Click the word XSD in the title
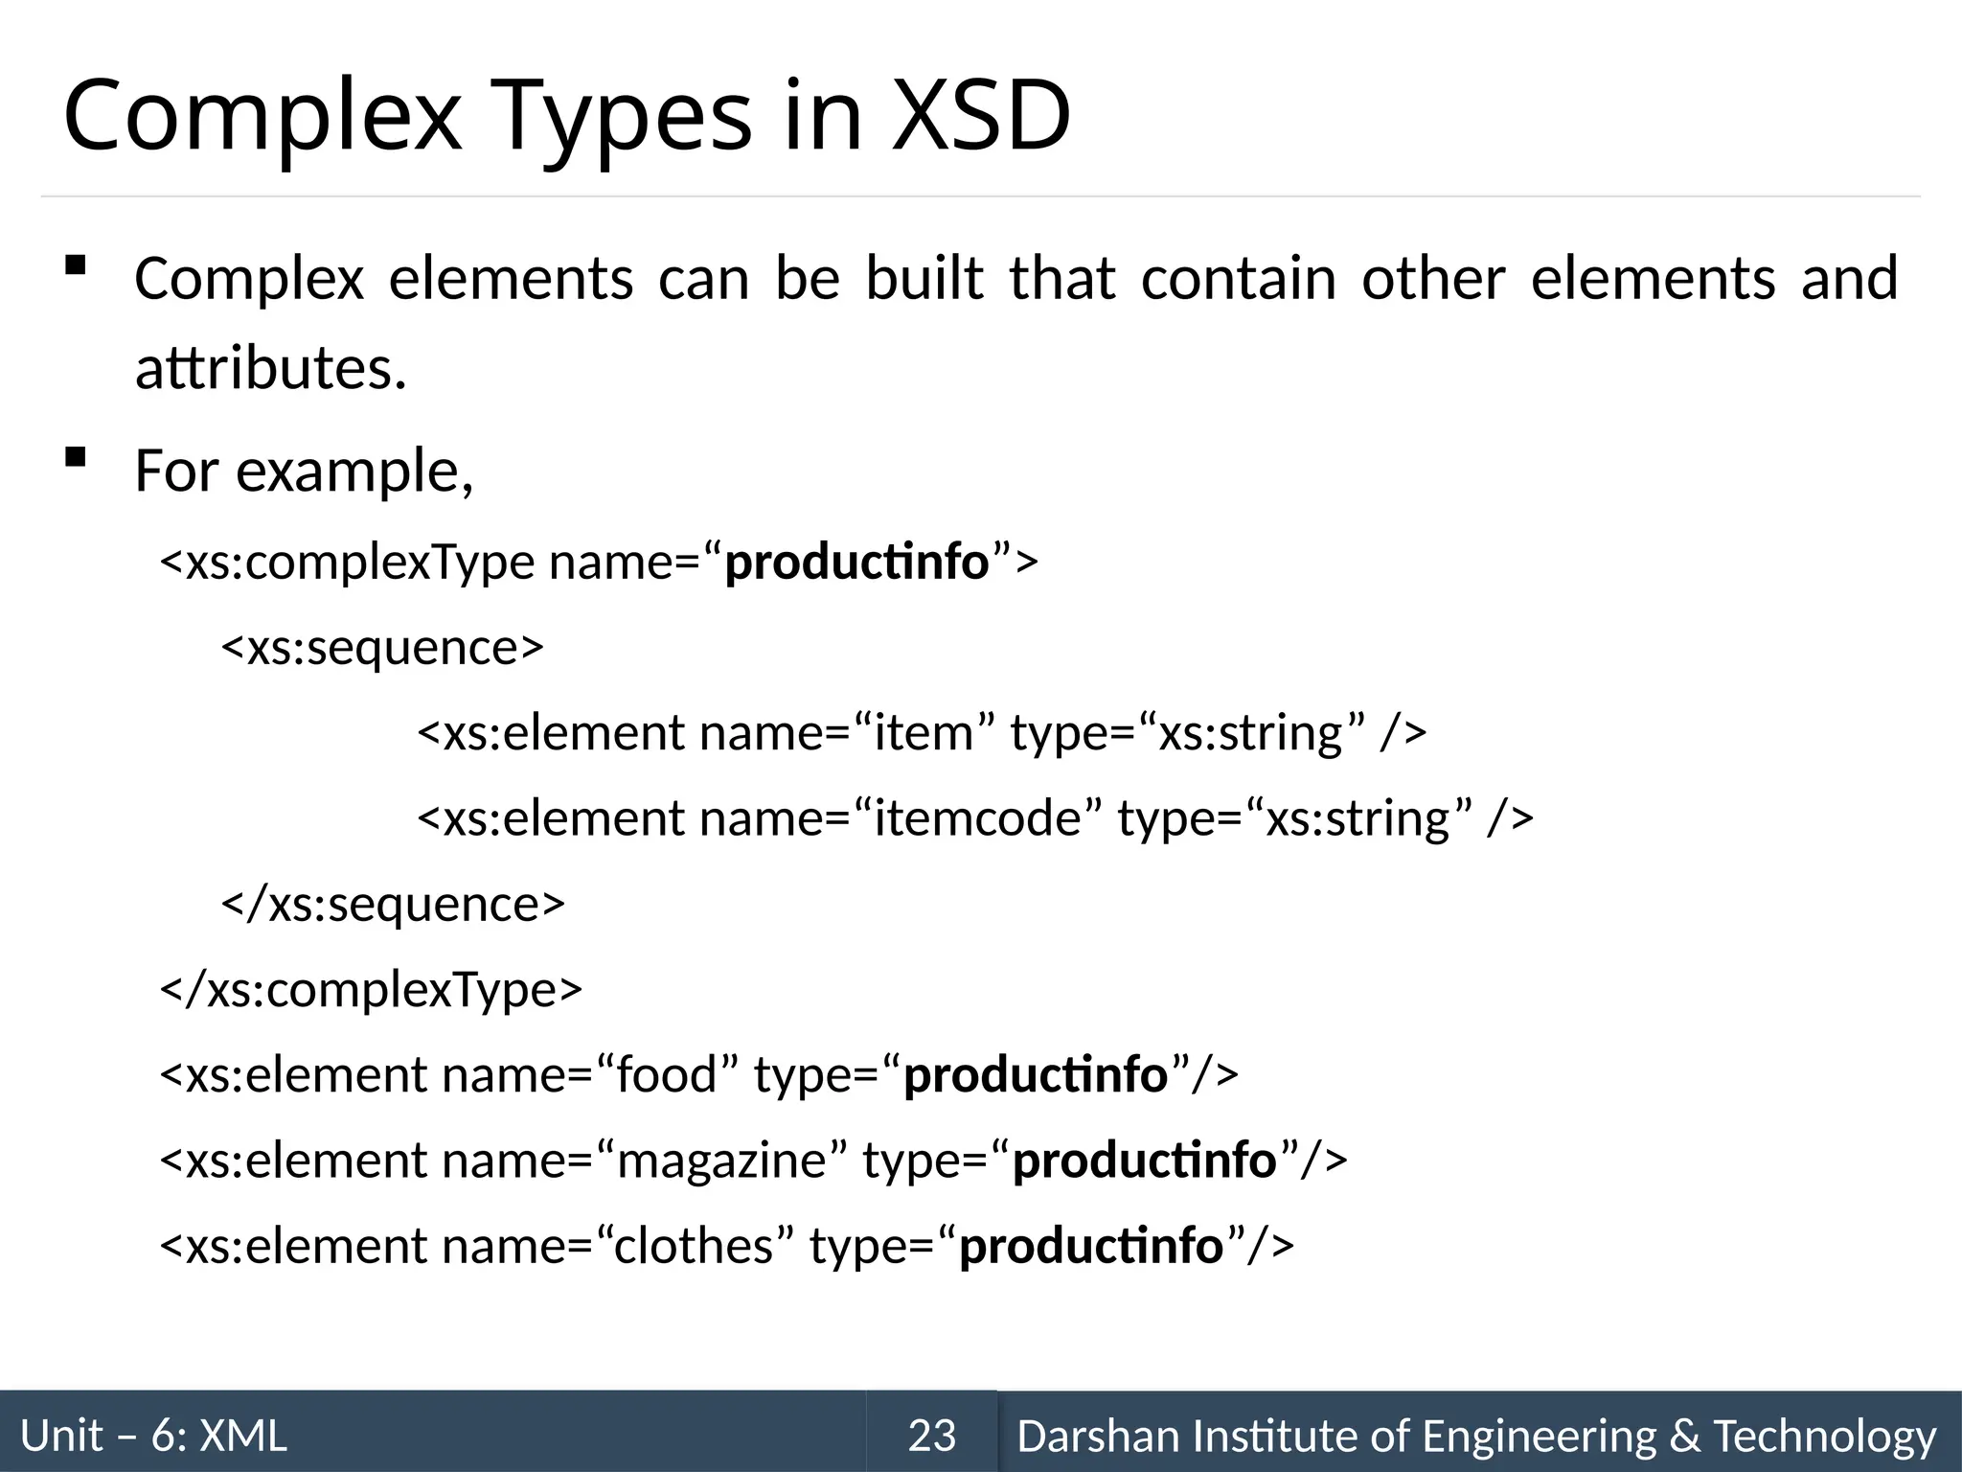pyautogui.click(x=980, y=116)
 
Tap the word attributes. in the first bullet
pyautogui.click(x=271, y=368)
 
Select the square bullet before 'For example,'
pyautogui.click(x=75, y=458)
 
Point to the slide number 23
pyautogui.click(x=931, y=1436)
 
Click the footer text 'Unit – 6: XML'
pyautogui.click(x=153, y=1436)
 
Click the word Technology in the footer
pyautogui.click(x=1824, y=1436)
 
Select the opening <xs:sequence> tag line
pyautogui.click(x=382, y=648)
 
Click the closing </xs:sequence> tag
pyautogui.click(x=393, y=904)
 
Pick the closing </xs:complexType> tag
pyautogui.click(x=371, y=989)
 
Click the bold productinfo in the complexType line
pyautogui.click(x=856, y=563)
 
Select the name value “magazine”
pyautogui.click(x=721, y=1161)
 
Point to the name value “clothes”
pyautogui.click(x=695, y=1246)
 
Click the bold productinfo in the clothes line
pyautogui.click(x=1091, y=1246)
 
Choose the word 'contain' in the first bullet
pyautogui.click(x=1238, y=279)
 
